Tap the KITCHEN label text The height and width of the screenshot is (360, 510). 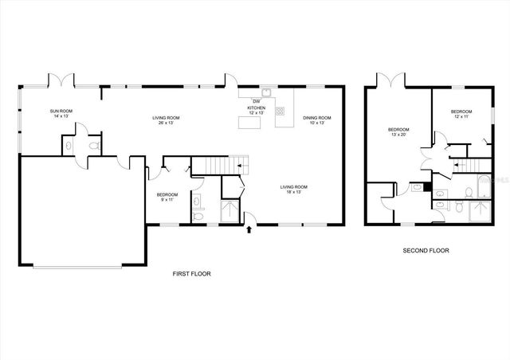tap(257, 108)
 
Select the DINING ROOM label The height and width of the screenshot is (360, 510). tap(317, 117)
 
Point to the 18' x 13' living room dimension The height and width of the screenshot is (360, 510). tap(293, 192)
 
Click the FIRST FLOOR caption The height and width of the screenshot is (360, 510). tap(192, 273)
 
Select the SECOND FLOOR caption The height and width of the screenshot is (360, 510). tap(425, 250)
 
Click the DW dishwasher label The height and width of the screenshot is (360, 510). tap(256, 101)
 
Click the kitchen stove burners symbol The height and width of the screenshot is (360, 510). tap(280, 111)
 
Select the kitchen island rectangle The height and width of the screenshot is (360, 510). tap(249, 123)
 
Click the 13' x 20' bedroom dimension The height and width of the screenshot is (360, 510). tap(398, 135)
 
